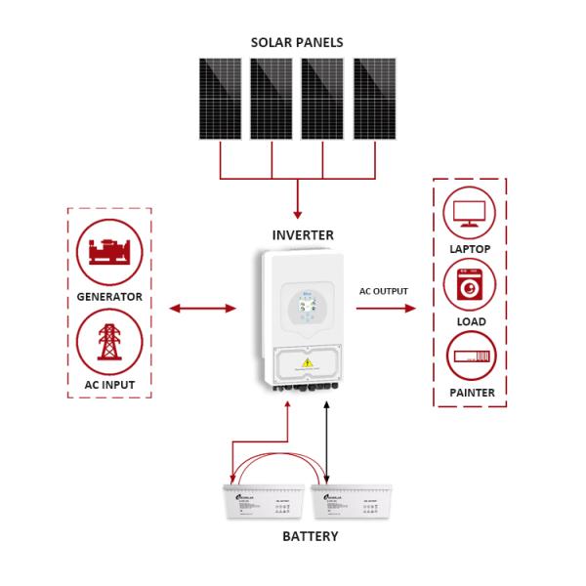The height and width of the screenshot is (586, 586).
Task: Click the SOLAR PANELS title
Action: tap(297, 42)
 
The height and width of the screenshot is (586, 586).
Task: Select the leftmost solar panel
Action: tap(220, 99)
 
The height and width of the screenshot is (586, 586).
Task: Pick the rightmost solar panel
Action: tap(374, 99)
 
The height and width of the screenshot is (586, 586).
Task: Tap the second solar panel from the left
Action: tap(271, 99)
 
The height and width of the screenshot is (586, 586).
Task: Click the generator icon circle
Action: tap(108, 251)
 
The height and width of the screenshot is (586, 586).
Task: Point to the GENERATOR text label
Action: tap(109, 296)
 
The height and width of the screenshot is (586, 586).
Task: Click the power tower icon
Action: tap(108, 342)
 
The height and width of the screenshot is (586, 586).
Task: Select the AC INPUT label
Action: tap(109, 385)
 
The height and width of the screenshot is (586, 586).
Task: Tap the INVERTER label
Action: tap(302, 235)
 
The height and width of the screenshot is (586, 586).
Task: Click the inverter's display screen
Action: tap(303, 305)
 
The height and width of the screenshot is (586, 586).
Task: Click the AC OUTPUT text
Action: tap(384, 291)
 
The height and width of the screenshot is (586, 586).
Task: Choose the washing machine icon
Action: tap(470, 285)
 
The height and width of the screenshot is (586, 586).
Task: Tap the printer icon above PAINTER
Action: tap(471, 357)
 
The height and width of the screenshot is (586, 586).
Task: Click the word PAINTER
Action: tap(471, 393)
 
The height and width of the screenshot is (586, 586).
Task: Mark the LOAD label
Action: tap(471, 321)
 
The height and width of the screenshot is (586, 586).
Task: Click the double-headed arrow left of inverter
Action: tap(203, 309)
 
